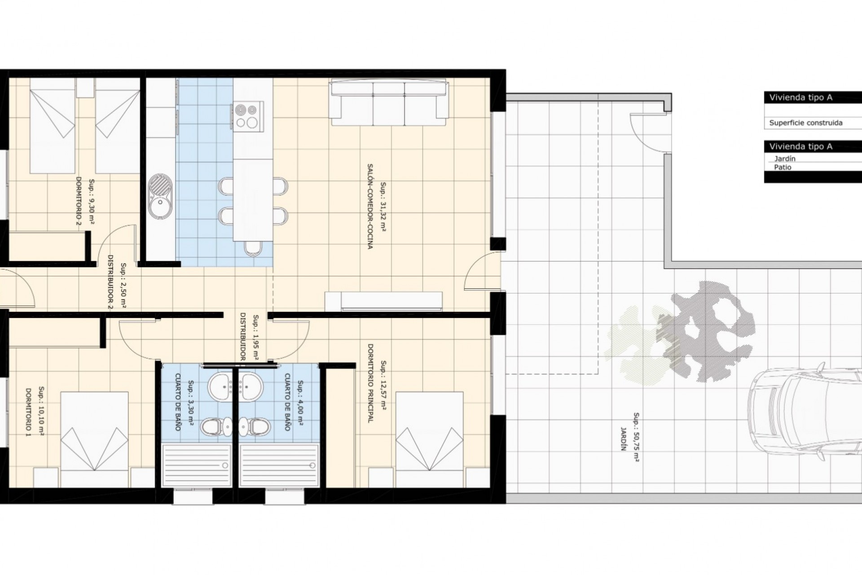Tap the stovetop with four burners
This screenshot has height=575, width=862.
click(247, 115)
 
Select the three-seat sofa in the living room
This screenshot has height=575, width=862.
click(390, 102)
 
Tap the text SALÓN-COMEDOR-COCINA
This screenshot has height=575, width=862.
click(370, 206)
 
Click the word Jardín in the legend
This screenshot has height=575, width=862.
click(785, 159)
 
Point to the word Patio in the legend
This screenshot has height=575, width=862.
click(783, 167)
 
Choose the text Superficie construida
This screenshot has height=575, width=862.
click(806, 123)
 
